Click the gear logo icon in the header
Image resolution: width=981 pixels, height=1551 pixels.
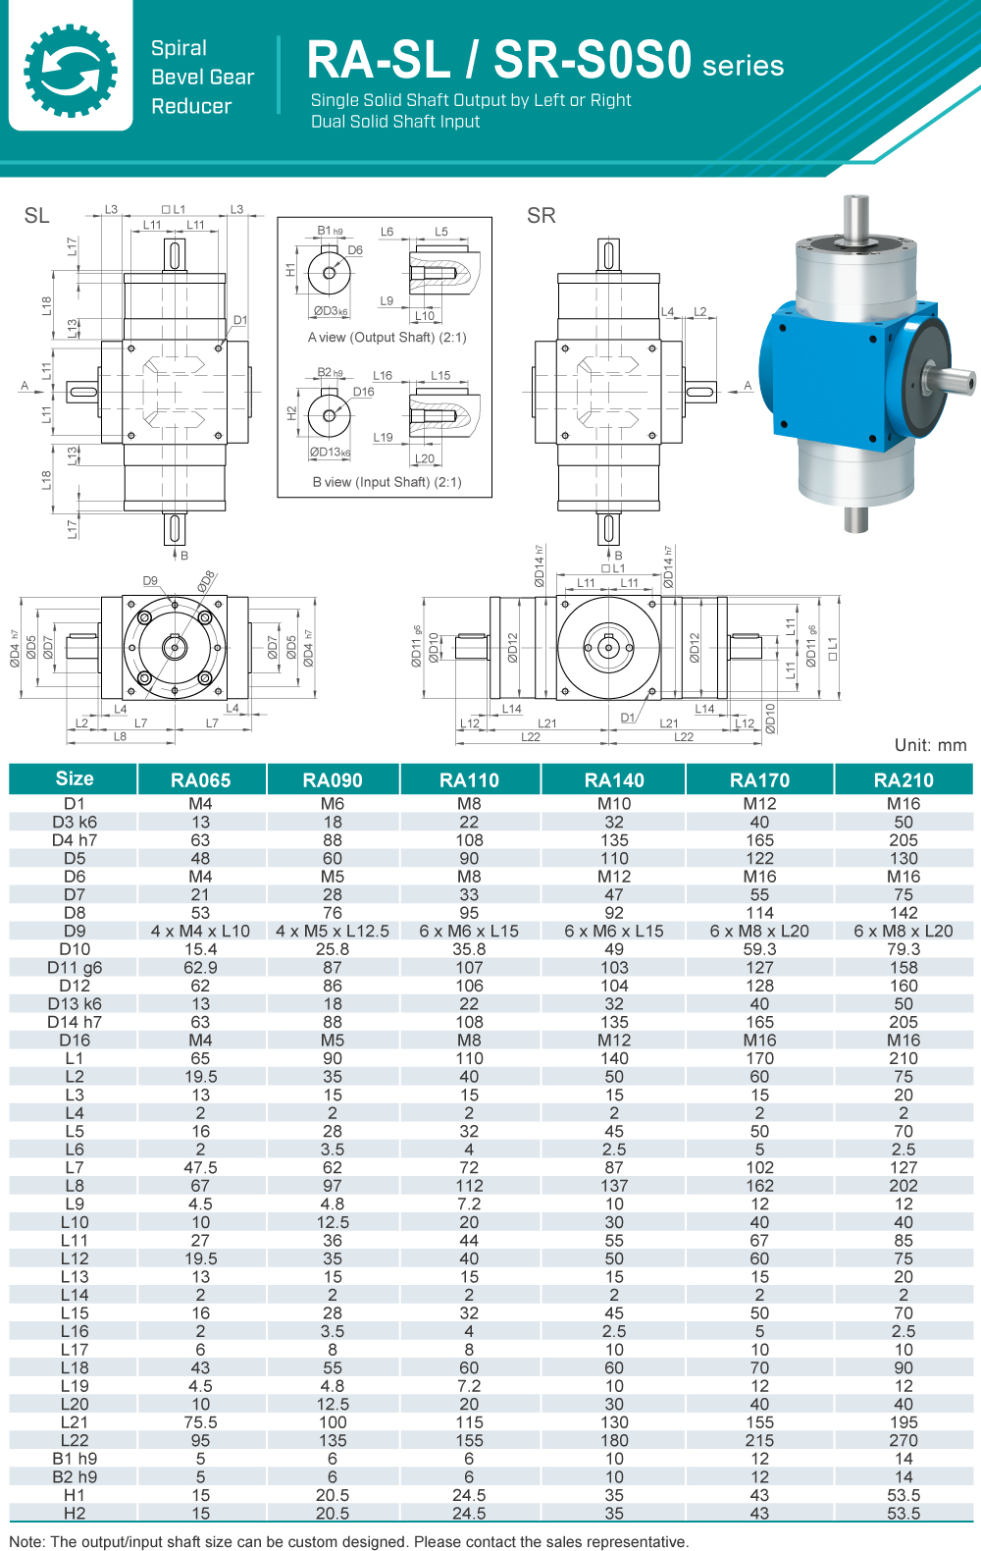coord(71,70)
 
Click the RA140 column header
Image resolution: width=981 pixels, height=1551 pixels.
coord(614,780)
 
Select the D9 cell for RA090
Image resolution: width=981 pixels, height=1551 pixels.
coord(333,931)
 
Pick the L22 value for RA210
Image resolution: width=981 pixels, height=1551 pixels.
coord(904,1440)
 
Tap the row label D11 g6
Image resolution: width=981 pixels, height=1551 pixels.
coord(75,967)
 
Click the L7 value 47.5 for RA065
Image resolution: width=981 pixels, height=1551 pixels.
coord(200,1167)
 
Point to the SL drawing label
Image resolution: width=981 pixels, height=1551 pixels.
coord(36,216)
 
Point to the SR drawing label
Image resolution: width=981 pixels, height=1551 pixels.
coord(541,216)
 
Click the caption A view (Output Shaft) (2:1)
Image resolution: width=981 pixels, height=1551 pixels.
coord(387,338)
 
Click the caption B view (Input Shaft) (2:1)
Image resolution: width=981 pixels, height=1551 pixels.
coord(387,482)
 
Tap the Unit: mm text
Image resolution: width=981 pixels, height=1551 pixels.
coord(930,745)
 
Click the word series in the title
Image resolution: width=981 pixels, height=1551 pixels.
coord(743,66)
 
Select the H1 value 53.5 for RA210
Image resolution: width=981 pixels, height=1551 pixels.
coord(904,1495)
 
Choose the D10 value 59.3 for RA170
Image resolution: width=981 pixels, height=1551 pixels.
coord(759,949)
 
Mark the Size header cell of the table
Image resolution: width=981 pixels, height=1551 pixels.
coord(75,778)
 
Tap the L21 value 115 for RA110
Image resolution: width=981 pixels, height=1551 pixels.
coord(469,1422)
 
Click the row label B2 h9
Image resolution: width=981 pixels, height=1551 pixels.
coord(75,1476)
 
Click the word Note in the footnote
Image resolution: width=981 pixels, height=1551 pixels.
coord(26,1541)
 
